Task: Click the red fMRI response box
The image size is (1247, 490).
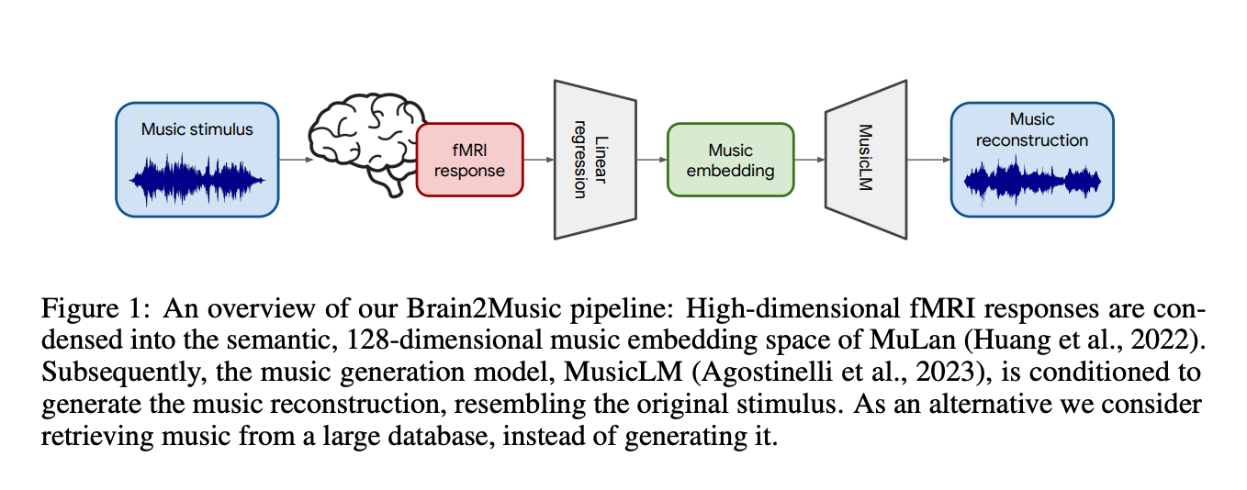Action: [x=469, y=160]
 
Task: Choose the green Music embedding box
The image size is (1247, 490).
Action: [x=730, y=160]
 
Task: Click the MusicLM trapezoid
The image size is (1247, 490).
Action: [x=865, y=159]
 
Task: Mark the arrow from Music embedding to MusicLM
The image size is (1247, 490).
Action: [x=809, y=160]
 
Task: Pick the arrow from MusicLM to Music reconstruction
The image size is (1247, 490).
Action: [x=927, y=160]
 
